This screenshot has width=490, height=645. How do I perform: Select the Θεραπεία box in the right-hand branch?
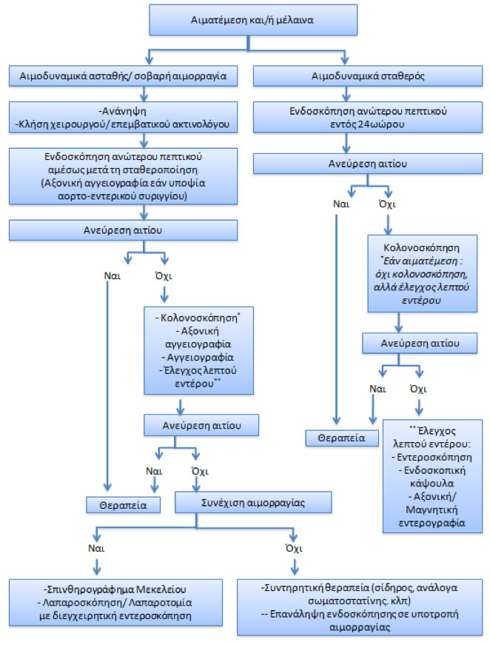(337, 438)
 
